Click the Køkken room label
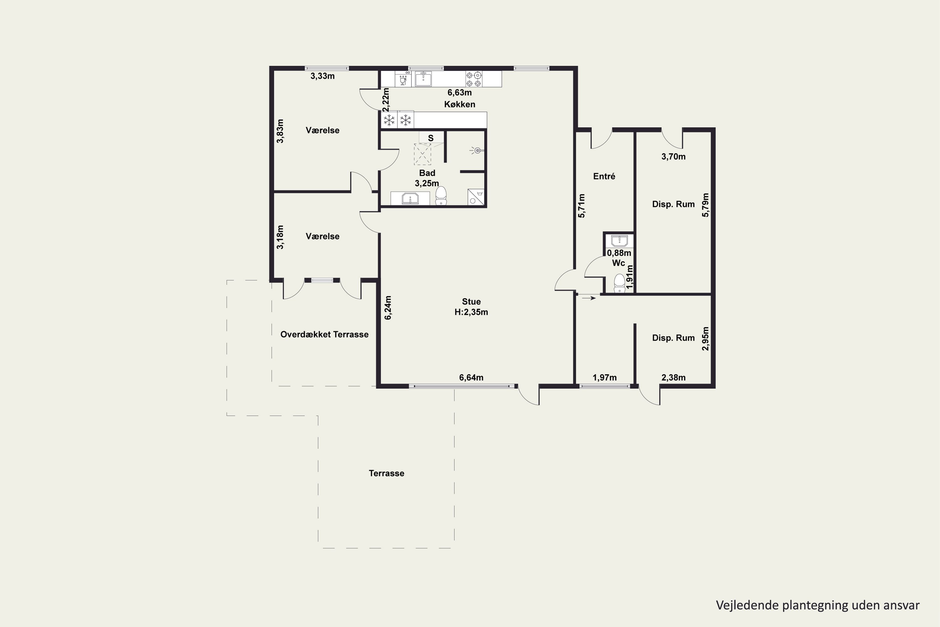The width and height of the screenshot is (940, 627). tap(460, 104)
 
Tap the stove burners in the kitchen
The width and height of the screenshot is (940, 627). tap(473, 79)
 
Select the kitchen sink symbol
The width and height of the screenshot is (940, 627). tap(423, 79)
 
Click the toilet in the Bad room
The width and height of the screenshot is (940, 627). tap(441, 196)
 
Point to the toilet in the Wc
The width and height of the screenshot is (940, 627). tap(619, 283)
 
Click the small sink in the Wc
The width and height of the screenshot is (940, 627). tap(619, 241)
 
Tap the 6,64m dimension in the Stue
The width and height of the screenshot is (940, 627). tap(471, 377)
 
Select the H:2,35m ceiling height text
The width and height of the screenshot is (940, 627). tap(471, 312)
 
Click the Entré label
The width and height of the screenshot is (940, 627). tap(604, 176)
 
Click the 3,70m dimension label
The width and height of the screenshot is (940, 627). tap(673, 157)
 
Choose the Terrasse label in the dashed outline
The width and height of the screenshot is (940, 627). tap(386, 473)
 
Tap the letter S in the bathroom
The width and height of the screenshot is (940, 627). tap(431, 138)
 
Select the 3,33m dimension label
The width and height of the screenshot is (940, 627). tap(322, 76)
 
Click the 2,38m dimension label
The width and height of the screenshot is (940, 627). tap(673, 377)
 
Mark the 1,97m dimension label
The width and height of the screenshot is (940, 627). tap(604, 377)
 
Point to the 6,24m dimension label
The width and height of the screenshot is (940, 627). tap(388, 308)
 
